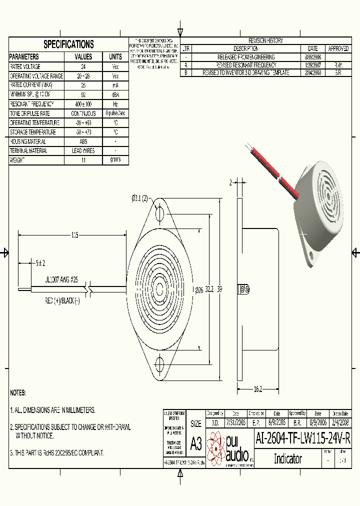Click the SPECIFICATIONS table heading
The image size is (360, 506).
[68, 44]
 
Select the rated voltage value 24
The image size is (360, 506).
[83, 66]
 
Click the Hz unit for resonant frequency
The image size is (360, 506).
[115, 104]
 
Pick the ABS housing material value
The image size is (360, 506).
[83, 141]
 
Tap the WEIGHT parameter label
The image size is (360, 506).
[18, 160]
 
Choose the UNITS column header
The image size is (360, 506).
[115, 56]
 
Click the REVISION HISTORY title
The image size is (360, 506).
[265, 40]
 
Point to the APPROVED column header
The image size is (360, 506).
[338, 48]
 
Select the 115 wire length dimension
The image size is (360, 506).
[75, 235]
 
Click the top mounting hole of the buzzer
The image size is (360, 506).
[160, 214]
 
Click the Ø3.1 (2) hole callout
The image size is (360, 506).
[140, 199]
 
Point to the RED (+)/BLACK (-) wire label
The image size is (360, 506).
[62, 301]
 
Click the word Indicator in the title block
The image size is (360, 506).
[287, 458]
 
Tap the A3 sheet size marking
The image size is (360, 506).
[196, 443]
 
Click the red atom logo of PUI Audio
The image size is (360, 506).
[216, 448]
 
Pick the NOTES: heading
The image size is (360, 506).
[18, 393]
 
